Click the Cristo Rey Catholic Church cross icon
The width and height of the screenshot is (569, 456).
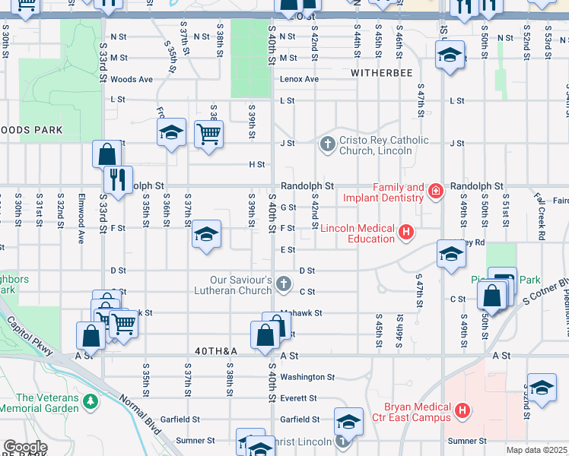pyautogui.click(x=328, y=144)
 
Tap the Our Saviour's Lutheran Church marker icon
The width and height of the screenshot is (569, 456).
pyautogui.click(x=284, y=284)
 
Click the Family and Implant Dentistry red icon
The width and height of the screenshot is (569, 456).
pyautogui.click(x=435, y=191)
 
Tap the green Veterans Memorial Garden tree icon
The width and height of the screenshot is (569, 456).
pyautogui.click(x=91, y=400)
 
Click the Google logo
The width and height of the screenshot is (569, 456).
pyautogui.click(x=25, y=447)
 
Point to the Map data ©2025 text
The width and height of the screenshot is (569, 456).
pyautogui.click(x=536, y=450)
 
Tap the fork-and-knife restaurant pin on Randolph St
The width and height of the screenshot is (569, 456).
pyautogui.click(x=117, y=179)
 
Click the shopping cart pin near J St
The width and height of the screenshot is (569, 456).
pyautogui.click(x=208, y=135)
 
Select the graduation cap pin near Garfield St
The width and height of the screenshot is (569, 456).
pyautogui.click(x=348, y=420)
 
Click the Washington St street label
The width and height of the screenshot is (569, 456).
pyautogui.click(x=307, y=377)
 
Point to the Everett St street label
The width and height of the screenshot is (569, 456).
pyautogui.click(x=298, y=398)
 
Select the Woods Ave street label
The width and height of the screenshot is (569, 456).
pyautogui.click(x=132, y=79)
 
